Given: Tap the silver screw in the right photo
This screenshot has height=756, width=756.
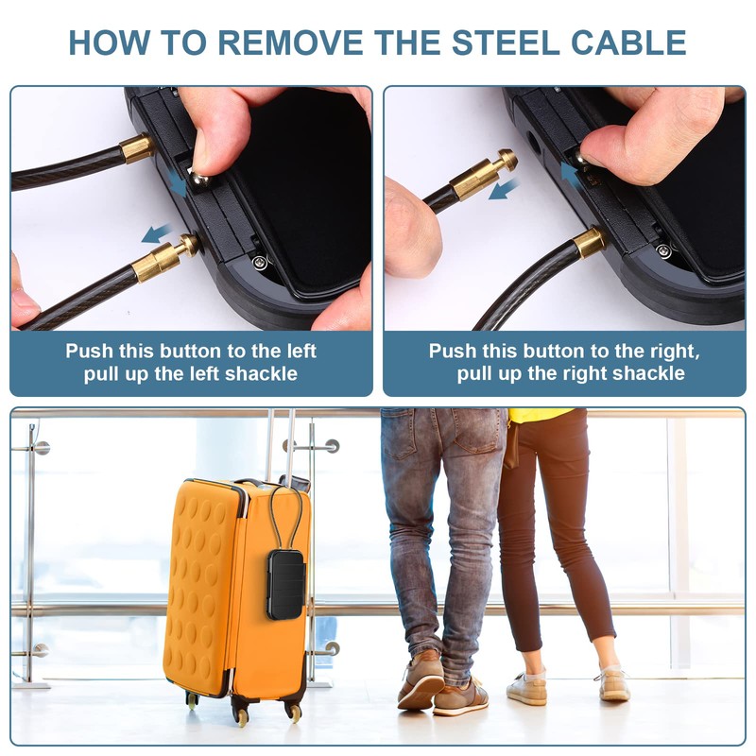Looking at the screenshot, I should [x=664, y=250].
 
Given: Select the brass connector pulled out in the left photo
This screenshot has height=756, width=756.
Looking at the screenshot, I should [x=164, y=257].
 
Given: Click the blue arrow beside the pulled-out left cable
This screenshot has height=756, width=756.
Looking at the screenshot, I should [x=157, y=232].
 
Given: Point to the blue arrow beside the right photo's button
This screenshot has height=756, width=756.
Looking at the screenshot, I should [x=568, y=174].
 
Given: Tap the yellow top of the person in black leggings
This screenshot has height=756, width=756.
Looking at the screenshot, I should [x=541, y=415].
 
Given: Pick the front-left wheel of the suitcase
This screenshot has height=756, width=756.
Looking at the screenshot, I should [x=193, y=701].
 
